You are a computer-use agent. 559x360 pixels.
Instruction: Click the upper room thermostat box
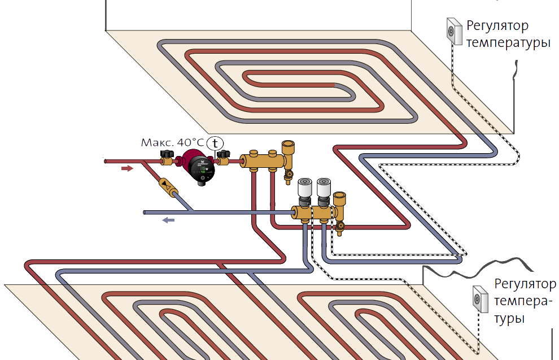455,31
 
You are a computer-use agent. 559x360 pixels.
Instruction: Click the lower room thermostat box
480,298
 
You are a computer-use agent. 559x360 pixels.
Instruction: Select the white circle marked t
214,143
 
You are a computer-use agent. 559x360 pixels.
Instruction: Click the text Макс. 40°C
172,142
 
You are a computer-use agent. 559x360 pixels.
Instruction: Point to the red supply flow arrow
128,168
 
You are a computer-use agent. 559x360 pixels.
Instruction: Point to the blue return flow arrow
168,220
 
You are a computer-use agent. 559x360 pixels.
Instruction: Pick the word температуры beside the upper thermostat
508,43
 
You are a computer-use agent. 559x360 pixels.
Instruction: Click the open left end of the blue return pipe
145,213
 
